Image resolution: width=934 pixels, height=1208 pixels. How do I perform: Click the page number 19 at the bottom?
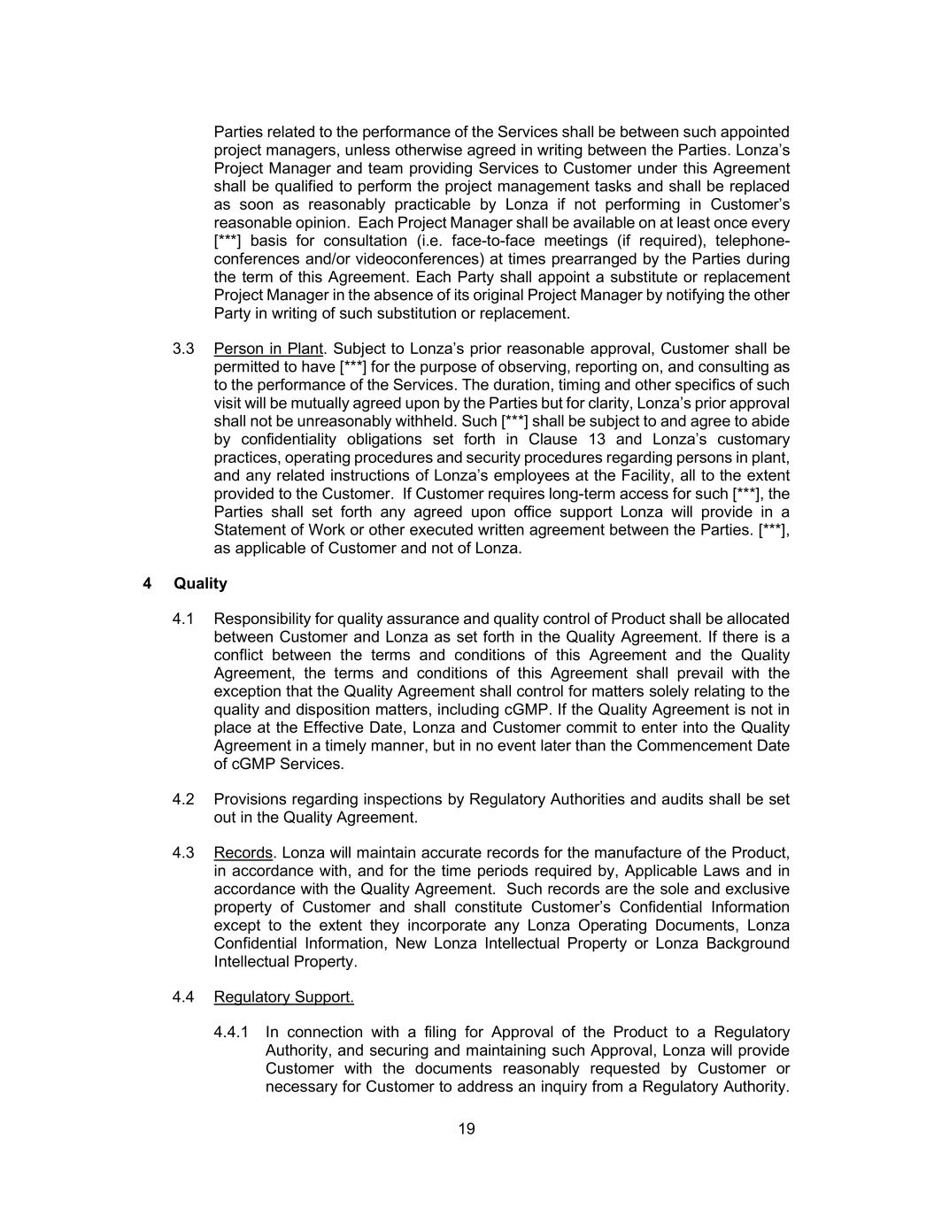click(467, 1128)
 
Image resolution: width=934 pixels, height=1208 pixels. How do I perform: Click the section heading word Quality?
click(200, 583)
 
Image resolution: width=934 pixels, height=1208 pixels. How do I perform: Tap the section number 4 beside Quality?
click(147, 583)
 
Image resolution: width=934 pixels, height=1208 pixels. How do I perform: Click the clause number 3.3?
click(183, 349)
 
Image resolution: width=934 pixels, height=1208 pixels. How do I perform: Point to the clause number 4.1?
click(183, 619)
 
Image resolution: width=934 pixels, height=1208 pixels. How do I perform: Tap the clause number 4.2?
click(183, 799)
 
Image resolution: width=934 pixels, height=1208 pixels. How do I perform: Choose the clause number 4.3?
click(183, 852)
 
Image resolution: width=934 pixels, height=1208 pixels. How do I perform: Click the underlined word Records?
click(243, 852)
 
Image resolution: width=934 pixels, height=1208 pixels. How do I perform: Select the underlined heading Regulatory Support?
click(283, 996)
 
